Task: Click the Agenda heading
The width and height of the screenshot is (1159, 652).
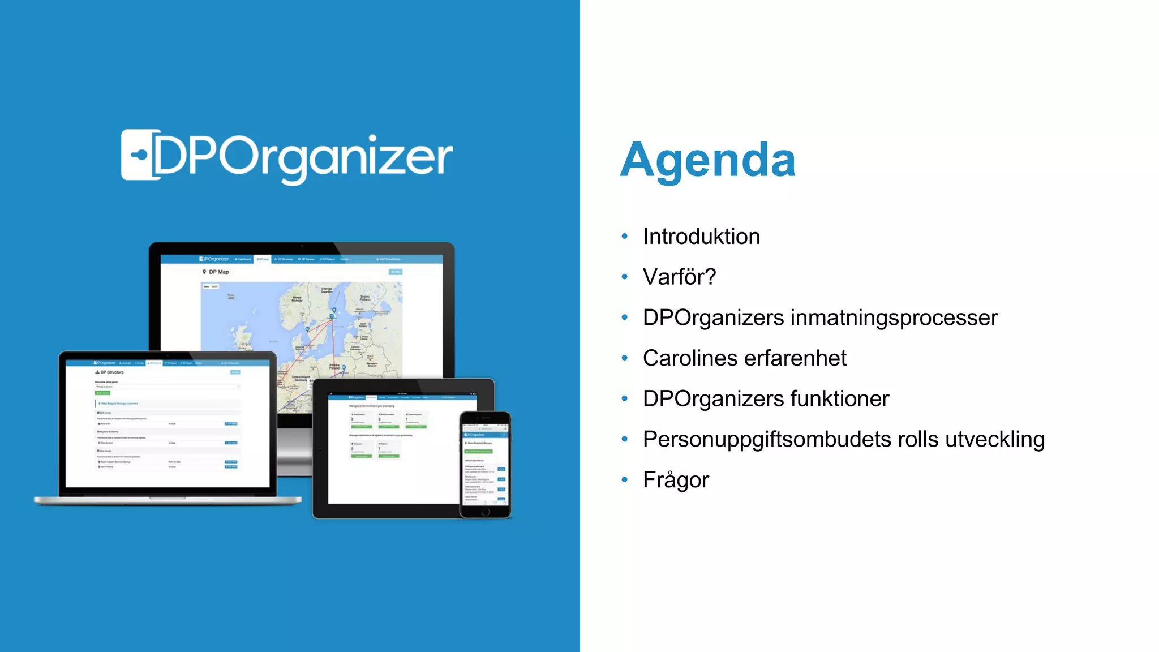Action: (707, 160)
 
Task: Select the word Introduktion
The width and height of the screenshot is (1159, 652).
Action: (701, 237)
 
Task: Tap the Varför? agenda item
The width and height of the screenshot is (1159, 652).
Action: (679, 277)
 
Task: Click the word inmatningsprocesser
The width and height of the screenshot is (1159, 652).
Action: (894, 318)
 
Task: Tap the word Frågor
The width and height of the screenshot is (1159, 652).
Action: (676, 481)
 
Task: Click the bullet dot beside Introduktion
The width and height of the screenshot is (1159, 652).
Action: (625, 236)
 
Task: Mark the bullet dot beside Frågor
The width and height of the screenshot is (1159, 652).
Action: (625, 480)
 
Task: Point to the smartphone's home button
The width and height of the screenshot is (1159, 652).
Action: (485, 512)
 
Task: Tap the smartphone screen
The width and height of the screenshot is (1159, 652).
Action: (485, 464)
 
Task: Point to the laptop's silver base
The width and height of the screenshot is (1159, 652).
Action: (168, 500)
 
